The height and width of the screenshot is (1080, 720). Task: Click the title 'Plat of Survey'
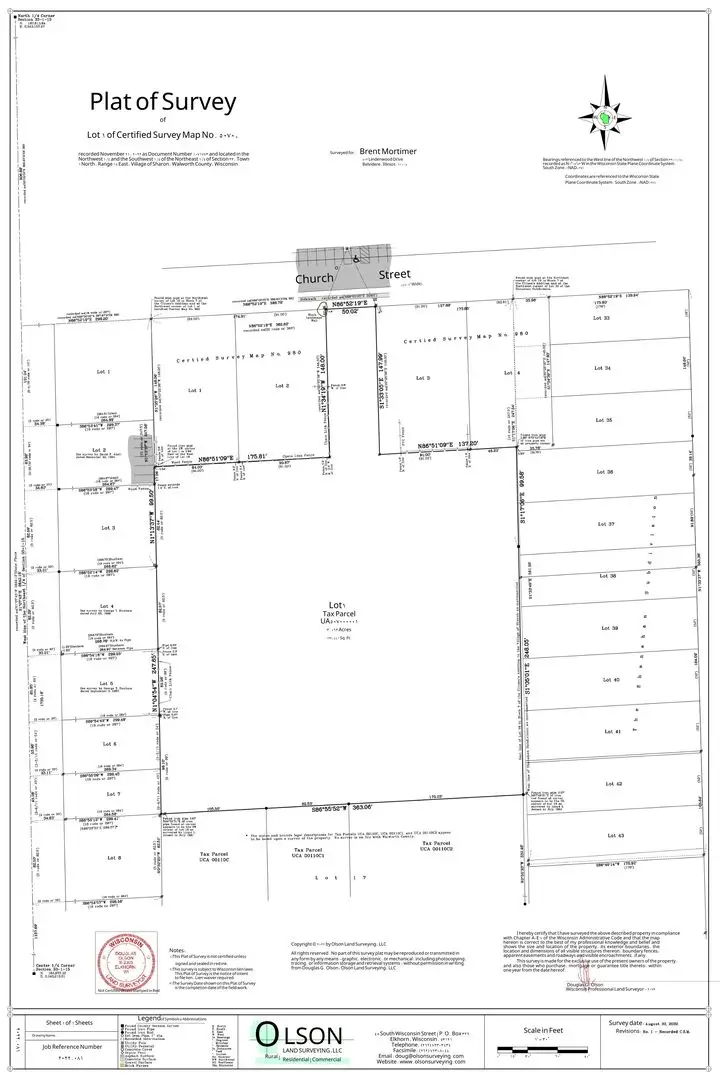coord(163,101)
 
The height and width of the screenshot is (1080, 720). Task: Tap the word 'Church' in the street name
coord(313,278)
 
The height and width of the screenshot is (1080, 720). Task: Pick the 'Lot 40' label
coord(614,679)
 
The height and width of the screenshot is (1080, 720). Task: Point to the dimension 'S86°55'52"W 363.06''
coord(332,807)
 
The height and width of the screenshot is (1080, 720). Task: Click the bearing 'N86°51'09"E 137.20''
coord(449,444)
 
